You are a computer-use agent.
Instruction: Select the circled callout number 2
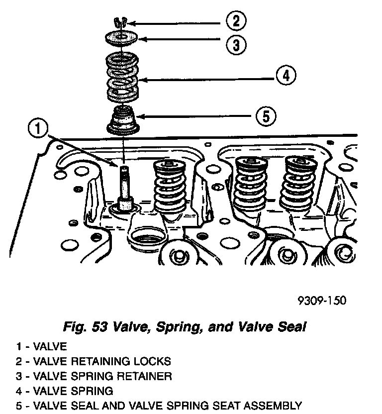pyautogui.click(x=236, y=21)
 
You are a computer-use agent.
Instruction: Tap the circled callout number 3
pyautogui.click(x=236, y=44)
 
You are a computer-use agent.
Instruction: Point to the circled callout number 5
pyautogui.click(x=266, y=116)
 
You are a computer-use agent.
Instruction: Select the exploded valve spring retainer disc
pyautogui.click(x=121, y=38)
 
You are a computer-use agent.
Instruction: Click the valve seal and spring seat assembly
pyautogui.click(x=122, y=120)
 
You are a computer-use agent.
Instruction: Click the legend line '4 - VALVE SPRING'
pyautogui.click(x=65, y=391)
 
